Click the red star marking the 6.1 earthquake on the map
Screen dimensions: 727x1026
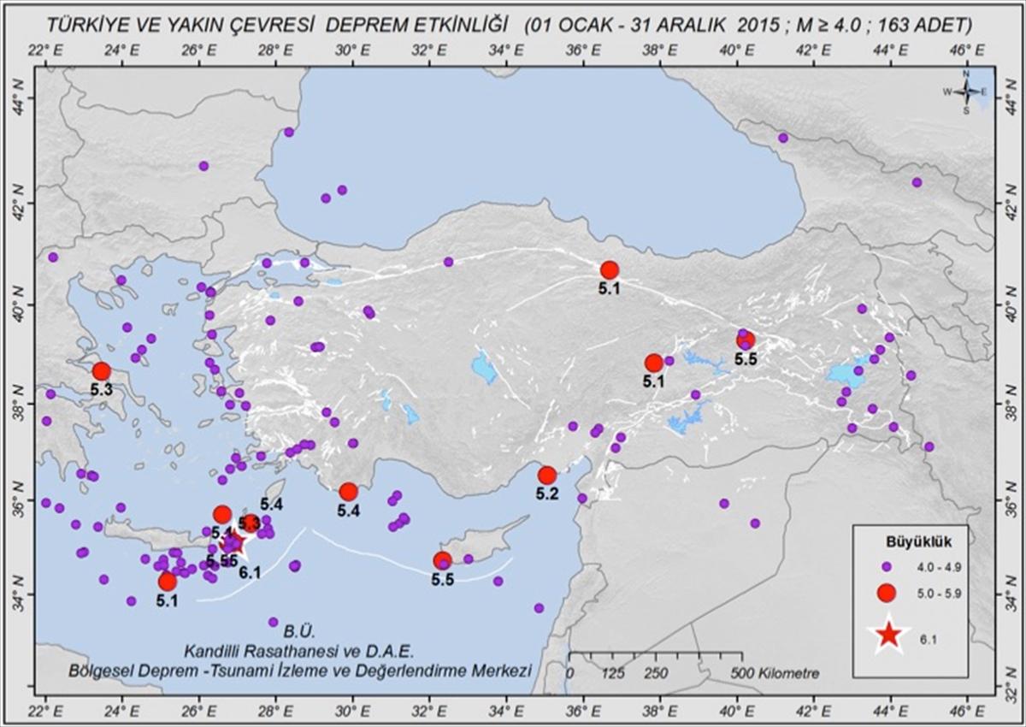point(233,541)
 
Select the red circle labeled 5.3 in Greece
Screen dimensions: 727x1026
point(102,371)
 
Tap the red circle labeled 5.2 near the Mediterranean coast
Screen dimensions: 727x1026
point(547,476)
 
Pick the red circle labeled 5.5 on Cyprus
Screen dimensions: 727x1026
point(442,560)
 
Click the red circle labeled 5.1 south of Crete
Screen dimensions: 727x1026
point(168,582)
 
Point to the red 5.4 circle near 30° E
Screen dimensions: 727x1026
point(348,492)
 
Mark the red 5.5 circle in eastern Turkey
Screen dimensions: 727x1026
point(746,340)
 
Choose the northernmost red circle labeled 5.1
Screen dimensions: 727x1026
point(610,270)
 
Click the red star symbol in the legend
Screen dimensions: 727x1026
point(888,634)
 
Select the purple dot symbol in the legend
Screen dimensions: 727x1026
point(887,566)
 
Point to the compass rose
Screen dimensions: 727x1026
point(965,92)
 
